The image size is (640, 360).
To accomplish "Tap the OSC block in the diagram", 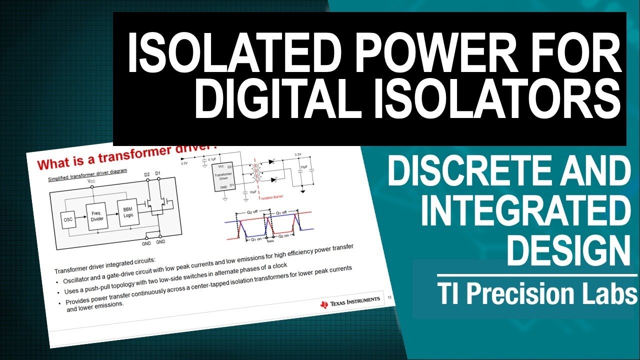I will [68, 219].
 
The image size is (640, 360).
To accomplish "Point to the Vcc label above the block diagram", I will [91, 181].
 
